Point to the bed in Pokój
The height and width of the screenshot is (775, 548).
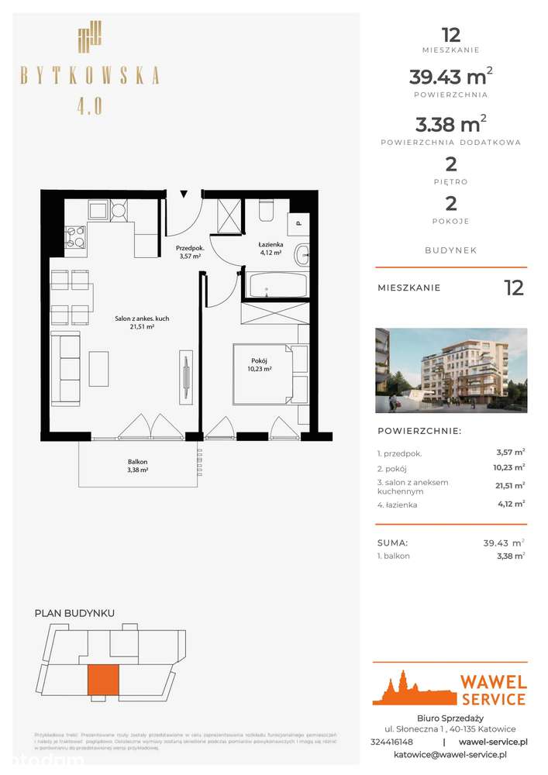[x=262, y=374]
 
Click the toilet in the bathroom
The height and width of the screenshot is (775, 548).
[x=265, y=211]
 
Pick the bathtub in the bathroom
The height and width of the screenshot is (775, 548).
[x=276, y=284]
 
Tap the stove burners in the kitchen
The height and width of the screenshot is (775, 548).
[x=75, y=236]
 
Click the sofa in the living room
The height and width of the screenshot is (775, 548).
[x=68, y=367]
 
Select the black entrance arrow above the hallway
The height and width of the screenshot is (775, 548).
[x=184, y=195]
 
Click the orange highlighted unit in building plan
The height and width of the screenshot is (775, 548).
[x=103, y=680]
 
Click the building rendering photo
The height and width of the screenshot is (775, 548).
[x=450, y=370]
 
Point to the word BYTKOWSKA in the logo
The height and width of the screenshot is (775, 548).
[x=90, y=75]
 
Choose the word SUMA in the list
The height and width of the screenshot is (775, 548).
[x=393, y=543]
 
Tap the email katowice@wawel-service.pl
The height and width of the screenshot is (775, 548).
[x=450, y=754]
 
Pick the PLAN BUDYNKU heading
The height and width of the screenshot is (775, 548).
[x=74, y=613]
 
